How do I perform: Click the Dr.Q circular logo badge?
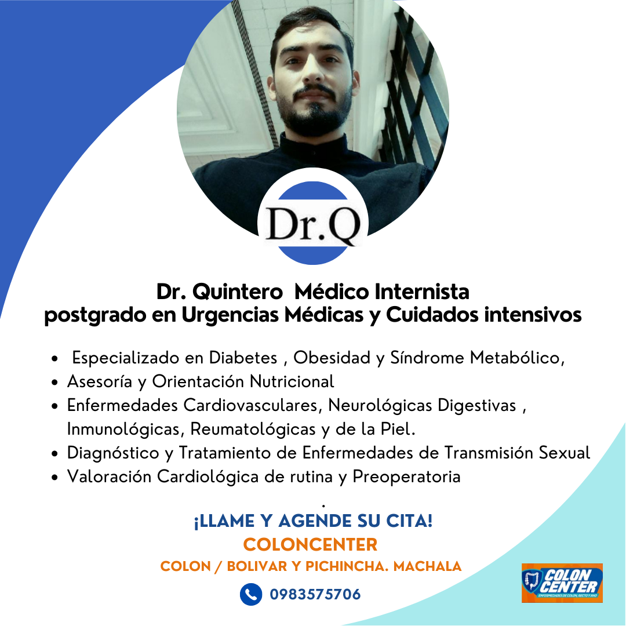(313, 216)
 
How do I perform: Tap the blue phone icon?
(251, 594)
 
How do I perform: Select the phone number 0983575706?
(315, 595)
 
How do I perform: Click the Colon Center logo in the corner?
(562, 583)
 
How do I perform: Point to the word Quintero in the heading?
(238, 292)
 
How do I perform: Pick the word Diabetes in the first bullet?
(243, 357)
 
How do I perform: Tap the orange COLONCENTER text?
(310, 544)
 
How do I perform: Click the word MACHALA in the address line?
(428, 566)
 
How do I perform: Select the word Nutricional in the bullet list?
(292, 381)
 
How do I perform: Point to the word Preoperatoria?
(406, 476)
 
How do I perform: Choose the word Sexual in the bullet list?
(564, 453)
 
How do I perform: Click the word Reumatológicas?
(253, 429)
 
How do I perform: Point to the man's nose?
(314, 72)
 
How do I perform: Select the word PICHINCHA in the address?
(347, 566)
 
